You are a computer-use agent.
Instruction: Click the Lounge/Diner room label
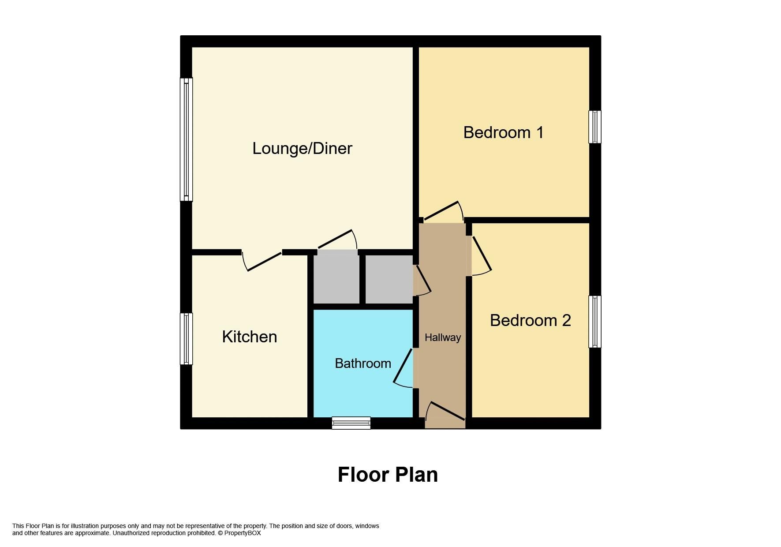pyautogui.click(x=302, y=149)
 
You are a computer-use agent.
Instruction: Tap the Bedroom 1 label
pyautogui.click(x=503, y=132)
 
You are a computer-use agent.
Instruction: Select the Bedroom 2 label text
pyautogui.click(x=530, y=320)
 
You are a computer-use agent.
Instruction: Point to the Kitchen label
pyautogui.click(x=250, y=337)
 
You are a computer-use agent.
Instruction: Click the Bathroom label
pyautogui.click(x=363, y=363)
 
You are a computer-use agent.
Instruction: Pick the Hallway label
pyautogui.click(x=443, y=337)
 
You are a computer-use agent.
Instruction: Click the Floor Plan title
pyautogui.click(x=388, y=475)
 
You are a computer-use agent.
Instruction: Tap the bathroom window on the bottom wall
pyautogui.click(x=351, y=423)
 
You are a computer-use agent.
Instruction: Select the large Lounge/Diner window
pyautogui.click(x=186, y=139)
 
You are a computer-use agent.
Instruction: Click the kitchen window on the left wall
pyautogui.click(x=186, y=339)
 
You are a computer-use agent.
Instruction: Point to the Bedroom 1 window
pyautogui.click(x=595, y=127)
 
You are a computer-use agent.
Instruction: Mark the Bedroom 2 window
pyautogui.click(x=595, y=322)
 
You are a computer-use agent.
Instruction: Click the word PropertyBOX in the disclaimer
pyautogui.click(x=243, y=533)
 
